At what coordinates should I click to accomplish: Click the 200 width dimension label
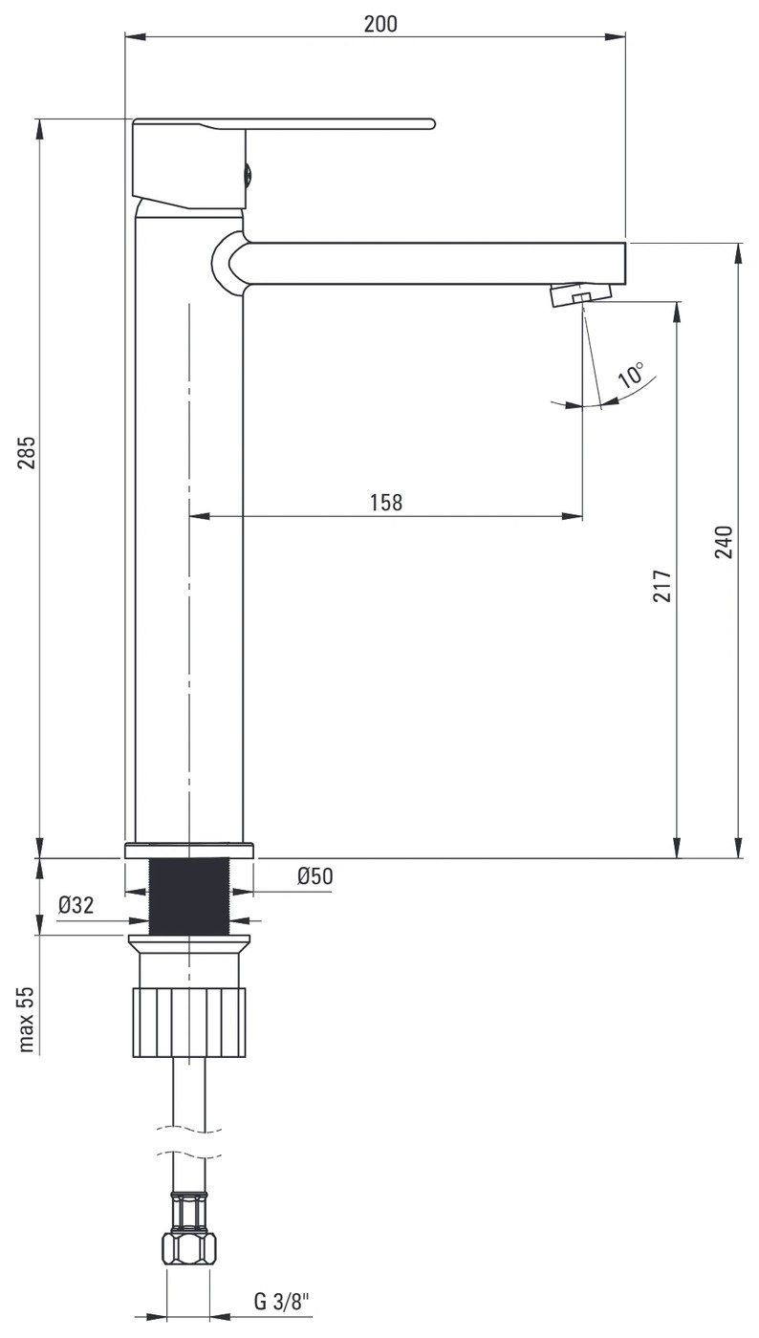click(380, 24)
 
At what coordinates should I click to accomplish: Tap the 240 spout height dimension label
click(724, 542)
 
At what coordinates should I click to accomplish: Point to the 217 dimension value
click(662, 585)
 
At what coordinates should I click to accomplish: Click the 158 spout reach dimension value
click(386, 503)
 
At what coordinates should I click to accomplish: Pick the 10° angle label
click(632, 375)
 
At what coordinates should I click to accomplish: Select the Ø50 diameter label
click(314, 876)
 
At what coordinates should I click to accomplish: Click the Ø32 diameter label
click(76, 905)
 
